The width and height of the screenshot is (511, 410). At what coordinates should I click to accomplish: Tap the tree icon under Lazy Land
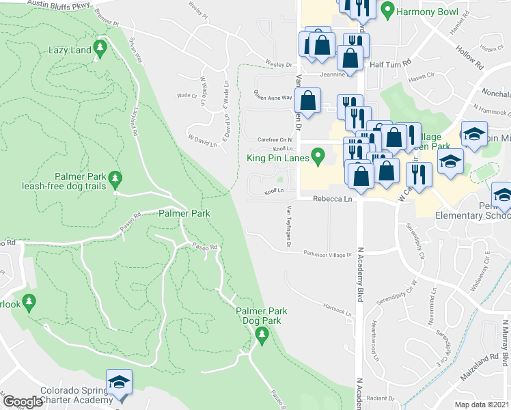click(101, 48)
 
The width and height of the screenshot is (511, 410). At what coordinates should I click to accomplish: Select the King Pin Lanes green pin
click(318, 159)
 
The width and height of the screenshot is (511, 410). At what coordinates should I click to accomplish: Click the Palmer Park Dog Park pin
click(260, 334)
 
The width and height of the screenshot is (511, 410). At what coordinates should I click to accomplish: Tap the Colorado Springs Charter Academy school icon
click(120, 382)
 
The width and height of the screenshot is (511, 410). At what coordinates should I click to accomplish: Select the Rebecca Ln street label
click(332, 199)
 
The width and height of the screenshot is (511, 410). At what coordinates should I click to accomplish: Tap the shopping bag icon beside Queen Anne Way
click(309, 99)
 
